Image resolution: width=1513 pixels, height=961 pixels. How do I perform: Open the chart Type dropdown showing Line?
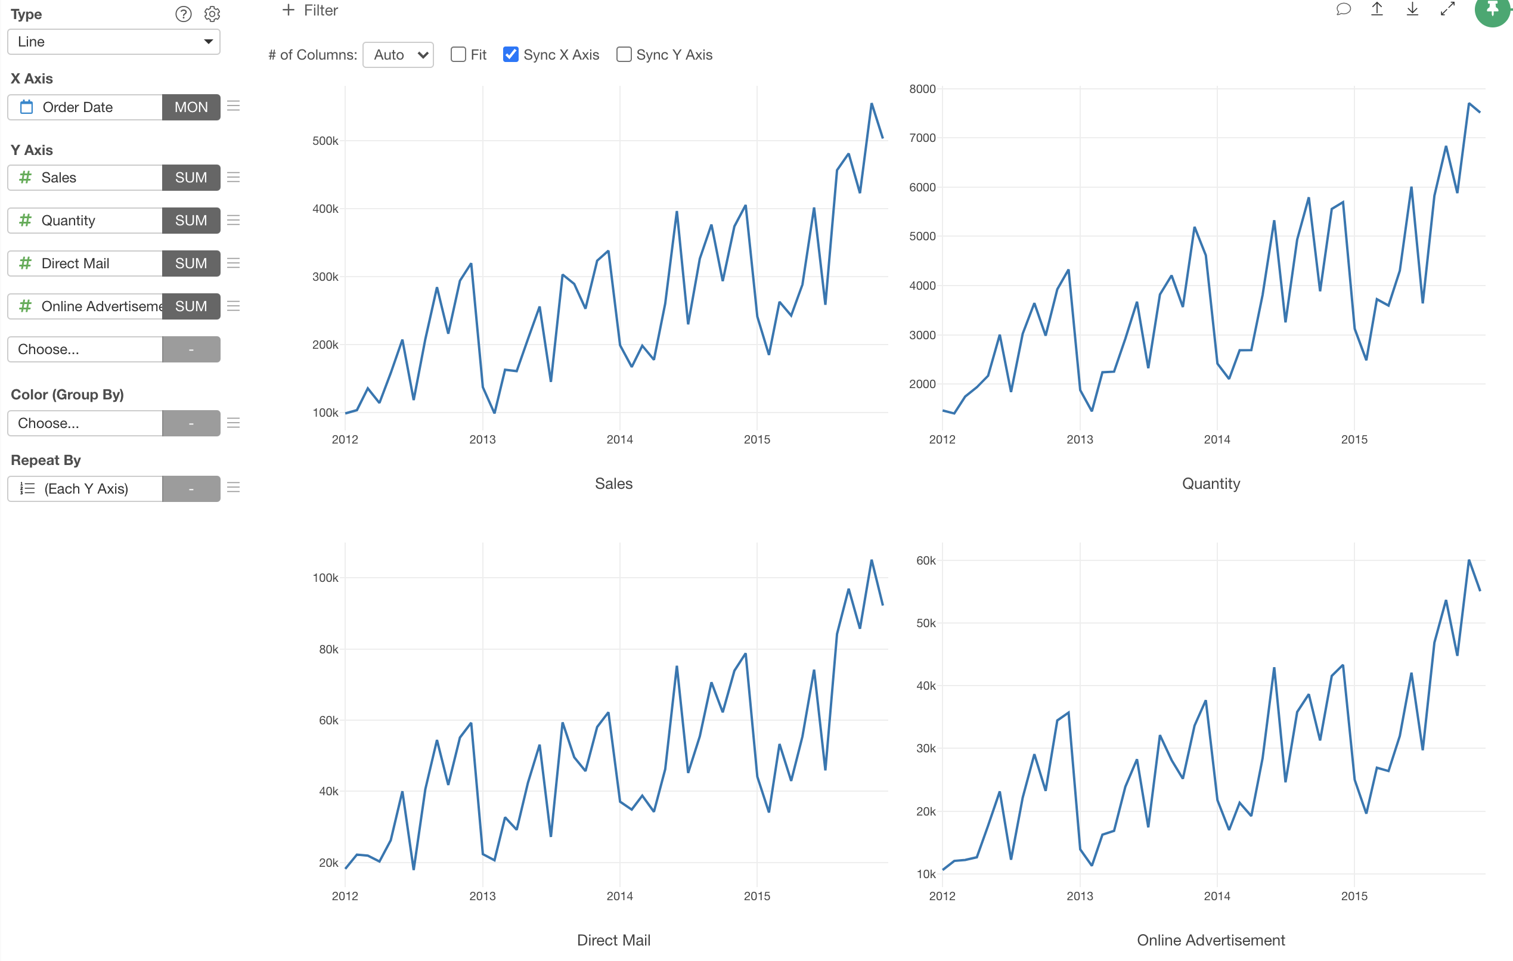pos(114,42)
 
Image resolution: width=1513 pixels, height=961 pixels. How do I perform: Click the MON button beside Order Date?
pos(191,107)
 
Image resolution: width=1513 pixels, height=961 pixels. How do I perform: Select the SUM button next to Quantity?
pos(191,221)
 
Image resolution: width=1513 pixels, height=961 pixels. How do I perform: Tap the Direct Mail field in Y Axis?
pos(85,263)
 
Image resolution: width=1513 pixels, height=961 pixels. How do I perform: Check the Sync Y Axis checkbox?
pos(624,55)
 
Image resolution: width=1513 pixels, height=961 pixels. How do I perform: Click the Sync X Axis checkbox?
pos(511,55)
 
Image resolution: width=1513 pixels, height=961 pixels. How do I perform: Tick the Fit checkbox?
pos(458,55)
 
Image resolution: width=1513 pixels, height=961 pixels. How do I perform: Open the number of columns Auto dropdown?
pos(398,55)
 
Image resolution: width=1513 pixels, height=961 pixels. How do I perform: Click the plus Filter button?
pos(311,10)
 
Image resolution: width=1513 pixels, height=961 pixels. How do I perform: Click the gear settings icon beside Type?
pos(212,14)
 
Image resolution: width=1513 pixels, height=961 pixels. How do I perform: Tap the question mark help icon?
pos(184,14)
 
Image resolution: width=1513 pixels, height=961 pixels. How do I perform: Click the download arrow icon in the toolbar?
pos(1412,9)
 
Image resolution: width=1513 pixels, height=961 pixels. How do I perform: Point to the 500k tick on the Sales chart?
pos(325,141)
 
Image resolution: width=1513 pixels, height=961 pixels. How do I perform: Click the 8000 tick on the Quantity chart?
pos(922,89)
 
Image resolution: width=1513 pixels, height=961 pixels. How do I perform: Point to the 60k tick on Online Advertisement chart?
pos(926,560)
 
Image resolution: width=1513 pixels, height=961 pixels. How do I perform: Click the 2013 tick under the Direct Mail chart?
pos(482,895)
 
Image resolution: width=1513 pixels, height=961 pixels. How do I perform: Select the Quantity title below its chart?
pos(1211,483)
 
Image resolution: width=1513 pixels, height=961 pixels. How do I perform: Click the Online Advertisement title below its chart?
pos(1211,940)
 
